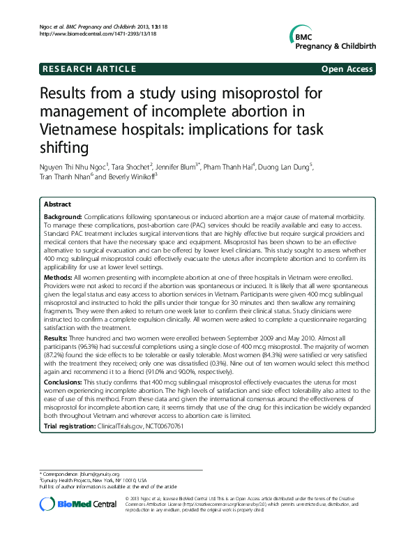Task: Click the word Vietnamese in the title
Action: (82, 130)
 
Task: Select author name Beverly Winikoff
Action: (132, 177)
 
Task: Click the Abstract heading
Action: (57, 204)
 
